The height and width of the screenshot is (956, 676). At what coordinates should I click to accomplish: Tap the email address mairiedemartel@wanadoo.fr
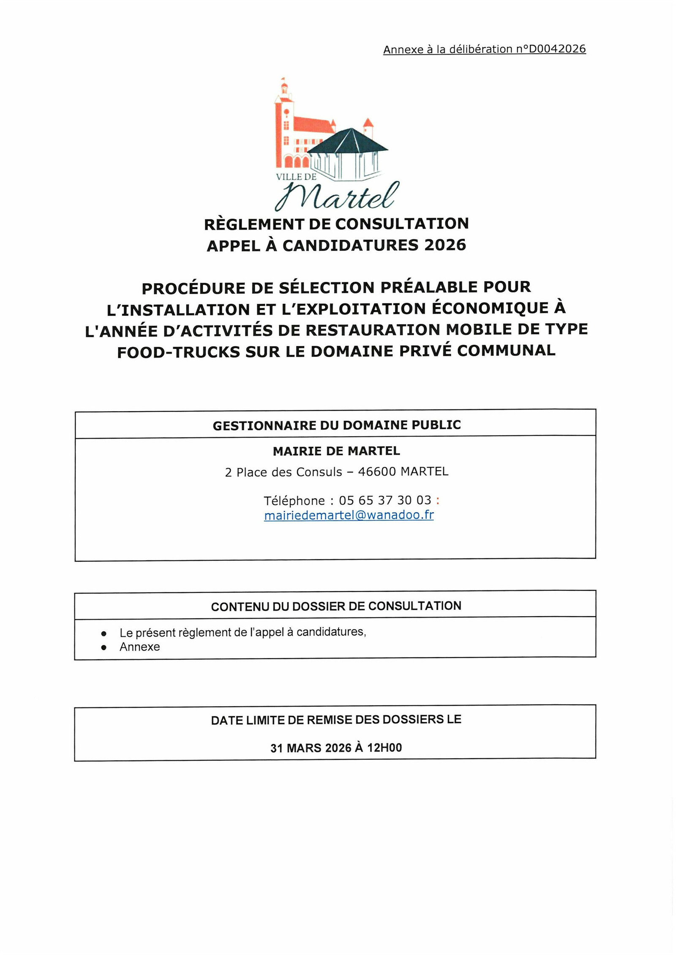point(349,515)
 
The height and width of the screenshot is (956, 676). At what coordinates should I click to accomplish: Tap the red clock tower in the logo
point(284,123)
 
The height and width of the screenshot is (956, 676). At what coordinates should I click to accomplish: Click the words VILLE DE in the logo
point(296,177)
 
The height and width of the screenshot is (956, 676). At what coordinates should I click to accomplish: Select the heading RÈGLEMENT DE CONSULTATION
point(336,224)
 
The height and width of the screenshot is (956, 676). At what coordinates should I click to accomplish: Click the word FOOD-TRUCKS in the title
point(178,352)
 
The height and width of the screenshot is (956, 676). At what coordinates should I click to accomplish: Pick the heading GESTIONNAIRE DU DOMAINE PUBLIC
point(336,425)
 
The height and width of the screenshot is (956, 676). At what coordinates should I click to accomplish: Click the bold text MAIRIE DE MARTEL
point(336,451)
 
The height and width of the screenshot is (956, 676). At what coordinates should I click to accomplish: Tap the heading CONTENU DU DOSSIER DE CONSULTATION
point(336,606)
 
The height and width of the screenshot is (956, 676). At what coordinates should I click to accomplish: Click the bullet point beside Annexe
point(104,647)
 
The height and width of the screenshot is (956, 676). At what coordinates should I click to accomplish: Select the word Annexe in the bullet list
point(139,647)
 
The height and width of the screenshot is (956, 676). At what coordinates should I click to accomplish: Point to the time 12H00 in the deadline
point(384,748)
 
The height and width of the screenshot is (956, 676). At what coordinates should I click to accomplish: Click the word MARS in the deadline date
point(305,748)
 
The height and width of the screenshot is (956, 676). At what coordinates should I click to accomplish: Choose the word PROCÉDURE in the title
point(194,288)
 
